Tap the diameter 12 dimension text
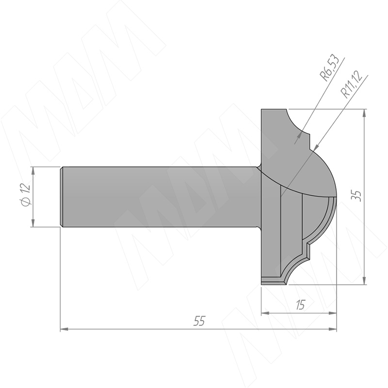click(26, 195)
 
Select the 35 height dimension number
click(357, 196)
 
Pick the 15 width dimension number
click(300, 305)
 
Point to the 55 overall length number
click(199, 321)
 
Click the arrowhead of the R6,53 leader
click(300, 135)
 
